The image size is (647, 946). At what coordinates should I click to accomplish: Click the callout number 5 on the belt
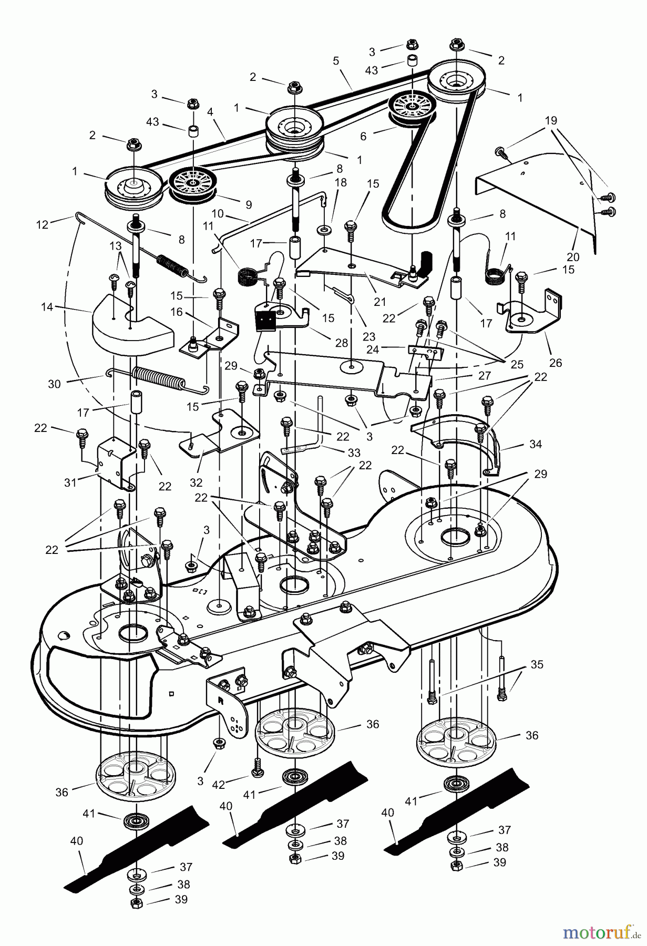tap(336, 60)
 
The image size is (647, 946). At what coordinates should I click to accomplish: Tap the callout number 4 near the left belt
tap(210, 111)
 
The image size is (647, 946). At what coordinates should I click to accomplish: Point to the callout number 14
tap(47, 306)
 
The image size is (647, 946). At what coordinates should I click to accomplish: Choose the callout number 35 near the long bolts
tap(537, 664)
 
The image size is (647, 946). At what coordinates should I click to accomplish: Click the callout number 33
tap(354, 453)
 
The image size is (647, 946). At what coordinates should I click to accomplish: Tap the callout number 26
tap(555, 362)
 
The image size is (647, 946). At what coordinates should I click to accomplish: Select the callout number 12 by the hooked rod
tap(42, 224)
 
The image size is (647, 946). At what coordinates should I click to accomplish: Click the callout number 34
tap(535, 444)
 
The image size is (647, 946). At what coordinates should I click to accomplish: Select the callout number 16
tap(176, 312)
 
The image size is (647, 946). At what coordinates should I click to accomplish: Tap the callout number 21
tap(379, 302)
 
